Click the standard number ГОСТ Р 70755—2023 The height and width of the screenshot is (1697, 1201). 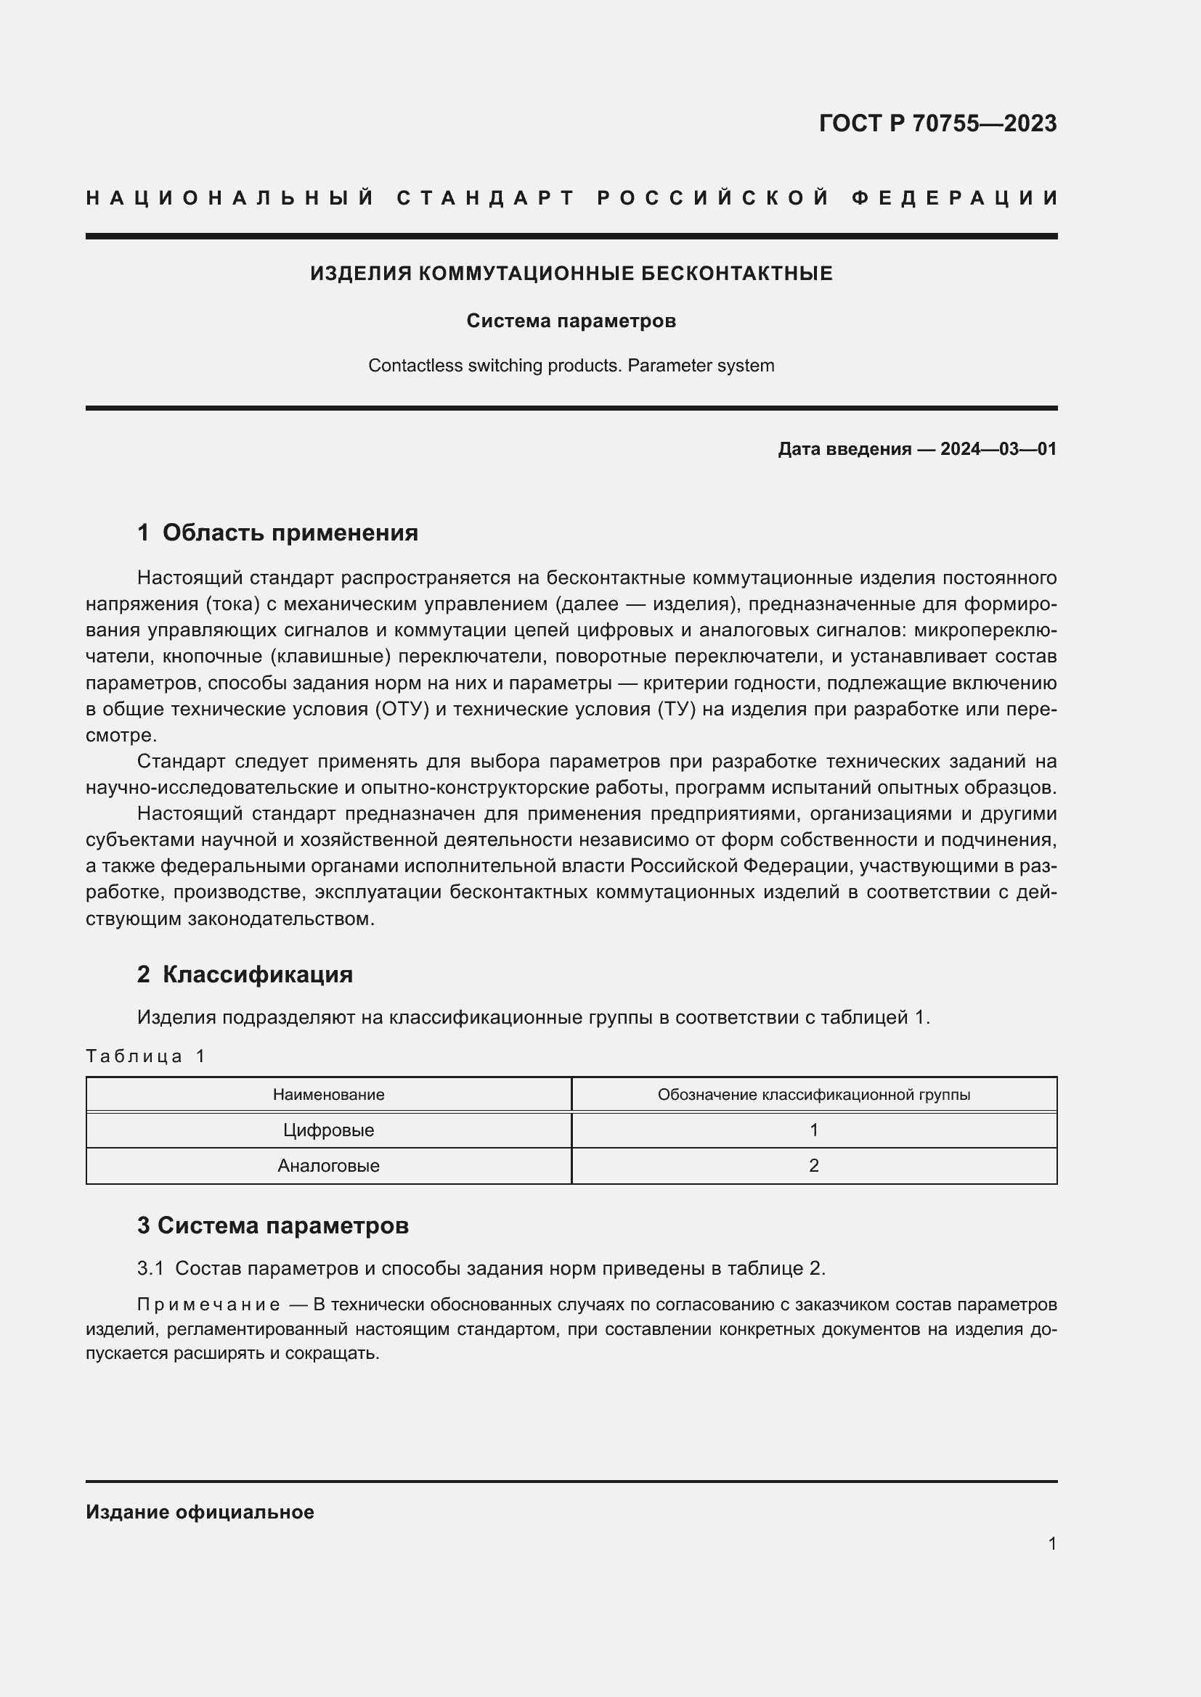tap(937, 123)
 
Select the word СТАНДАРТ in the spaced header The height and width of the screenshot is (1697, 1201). tap(486, 198)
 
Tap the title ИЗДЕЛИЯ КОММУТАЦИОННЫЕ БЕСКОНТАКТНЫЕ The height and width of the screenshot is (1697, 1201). tap(571, 274)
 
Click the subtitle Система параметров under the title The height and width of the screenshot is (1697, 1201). tap(571, 321)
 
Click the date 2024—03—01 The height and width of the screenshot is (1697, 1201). tap(998, 448)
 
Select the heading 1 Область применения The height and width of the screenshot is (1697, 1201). tap(277, 532)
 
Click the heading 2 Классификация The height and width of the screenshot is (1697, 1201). tap(245, 974)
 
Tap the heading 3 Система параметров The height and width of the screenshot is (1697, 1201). tap(273, 1225)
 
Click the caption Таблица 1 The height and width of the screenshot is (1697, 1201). tap(145, 1056)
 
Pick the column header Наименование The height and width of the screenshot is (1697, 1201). tap(328, 1095)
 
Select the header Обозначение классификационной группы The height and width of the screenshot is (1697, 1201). tap(813, 1095)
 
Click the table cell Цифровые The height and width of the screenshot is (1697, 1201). tap(328, 1130)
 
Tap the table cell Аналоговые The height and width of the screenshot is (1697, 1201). tap(328, 1166)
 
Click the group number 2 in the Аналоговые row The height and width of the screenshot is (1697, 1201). tap(813, 1166)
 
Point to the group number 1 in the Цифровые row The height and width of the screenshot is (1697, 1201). tap(813, 1130)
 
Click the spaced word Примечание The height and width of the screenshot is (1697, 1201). tap(208, 1304)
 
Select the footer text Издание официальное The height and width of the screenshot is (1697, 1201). tap(200, 1512)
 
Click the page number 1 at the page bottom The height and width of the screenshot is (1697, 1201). tap(1051, 1543)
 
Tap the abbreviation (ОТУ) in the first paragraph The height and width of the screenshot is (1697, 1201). tap(402, 709)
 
